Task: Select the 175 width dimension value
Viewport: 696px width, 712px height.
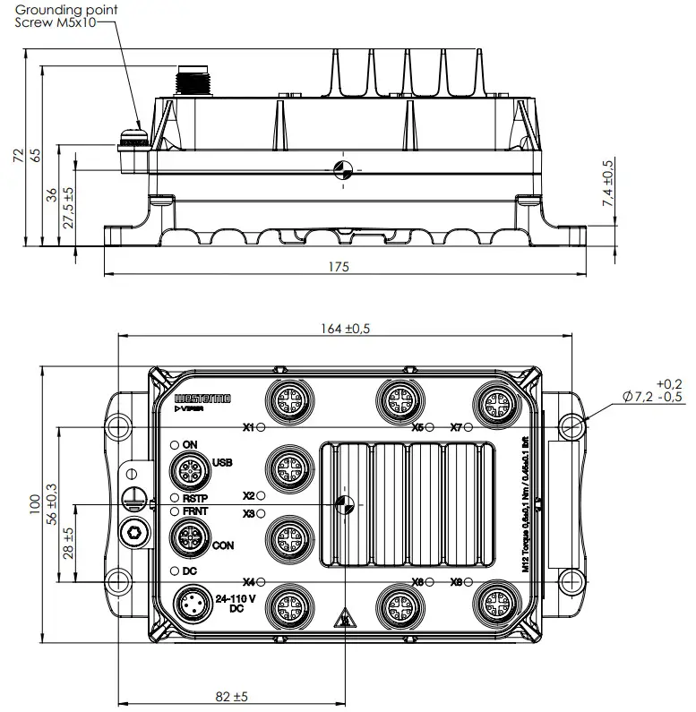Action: pyautogui.click(x=338, y=267)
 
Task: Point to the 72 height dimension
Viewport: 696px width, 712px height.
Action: pyautogui.click(x=16, y=155)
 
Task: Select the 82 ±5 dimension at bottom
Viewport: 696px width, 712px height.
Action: pyautogui.click(x=231, y=695)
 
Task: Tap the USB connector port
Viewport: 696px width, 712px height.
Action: pyautogui.click(x=190, y=469)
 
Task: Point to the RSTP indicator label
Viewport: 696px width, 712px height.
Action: pyautogui.click(x=195, y=498)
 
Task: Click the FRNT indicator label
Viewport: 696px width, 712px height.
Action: pyautogui.click(x=195, y=511)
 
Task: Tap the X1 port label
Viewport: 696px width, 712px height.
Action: pyautogui.click(x=248, y=427)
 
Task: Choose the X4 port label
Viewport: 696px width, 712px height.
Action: pyautogui.click(x=248, y=581)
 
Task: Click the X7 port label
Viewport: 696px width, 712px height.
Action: pyautogui.click(x=456, y=427)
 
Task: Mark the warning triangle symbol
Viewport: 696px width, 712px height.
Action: pyautogui.click(x=340, y=619)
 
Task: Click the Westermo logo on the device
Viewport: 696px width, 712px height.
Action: pyautogui.click(x=202, y=396)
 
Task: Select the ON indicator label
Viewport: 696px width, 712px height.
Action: pyautogui.click(x=189, y=444)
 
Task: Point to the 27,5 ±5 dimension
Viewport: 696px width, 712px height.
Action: pyautogui.click(x=69, y=210)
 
